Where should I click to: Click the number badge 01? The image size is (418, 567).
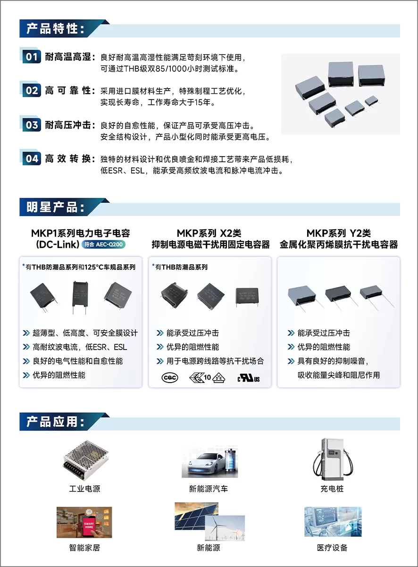(x=32, y=57)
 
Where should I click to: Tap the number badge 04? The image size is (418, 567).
(x=32, y=158)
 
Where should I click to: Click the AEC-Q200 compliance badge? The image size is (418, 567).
(x=103, y=244)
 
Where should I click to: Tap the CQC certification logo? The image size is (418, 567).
(x=170, y=378)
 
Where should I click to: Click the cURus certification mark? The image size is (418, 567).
(x=249, y=378)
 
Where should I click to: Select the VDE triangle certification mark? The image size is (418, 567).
(x=219, y=378)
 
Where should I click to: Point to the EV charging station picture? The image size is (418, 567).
(x=333, y=459)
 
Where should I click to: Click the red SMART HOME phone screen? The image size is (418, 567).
(x=89, y=525)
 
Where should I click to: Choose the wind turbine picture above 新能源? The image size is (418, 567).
(x=225, y=528)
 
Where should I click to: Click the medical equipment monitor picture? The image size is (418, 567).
(x=333, y=522)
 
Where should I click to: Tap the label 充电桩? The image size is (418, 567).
(x=332, y=489)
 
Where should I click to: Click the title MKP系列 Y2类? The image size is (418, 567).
(x=338, y=233)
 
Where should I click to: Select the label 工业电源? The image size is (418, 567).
(x=84, y=489)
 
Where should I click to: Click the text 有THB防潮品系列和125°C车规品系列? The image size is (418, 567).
(x=81, y=267)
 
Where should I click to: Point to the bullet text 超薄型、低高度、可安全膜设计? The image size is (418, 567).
(x=85, y=333)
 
